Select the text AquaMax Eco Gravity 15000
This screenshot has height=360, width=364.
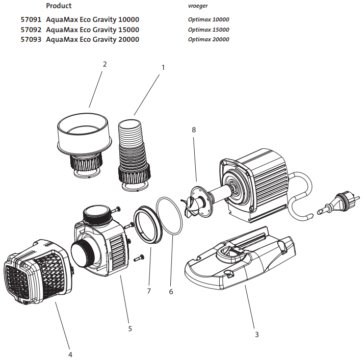[92, 30]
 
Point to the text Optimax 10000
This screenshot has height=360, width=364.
[208, 20]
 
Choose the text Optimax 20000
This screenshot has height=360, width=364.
[208, 39]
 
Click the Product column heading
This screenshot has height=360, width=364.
[59, 6]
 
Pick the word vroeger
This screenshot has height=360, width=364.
[197, 6]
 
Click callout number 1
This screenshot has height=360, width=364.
[163, 67]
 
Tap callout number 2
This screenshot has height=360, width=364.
[105, 64]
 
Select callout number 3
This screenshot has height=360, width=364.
[256, 335]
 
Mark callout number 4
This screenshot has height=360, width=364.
[70, 354]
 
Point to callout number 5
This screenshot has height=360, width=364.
[130, 328]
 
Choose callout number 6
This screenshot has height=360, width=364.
[171, 292]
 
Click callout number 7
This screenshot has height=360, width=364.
[149, 291]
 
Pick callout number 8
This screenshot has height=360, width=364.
[194, 130]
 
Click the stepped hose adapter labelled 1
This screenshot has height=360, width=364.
[135, 153]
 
